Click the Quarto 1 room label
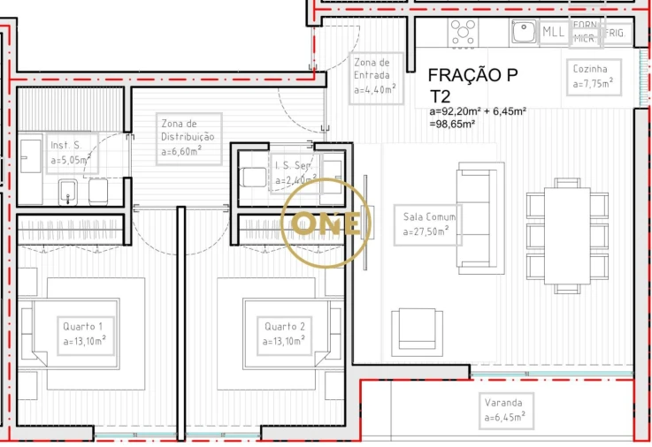click(85, 333)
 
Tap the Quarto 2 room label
click(286, 333)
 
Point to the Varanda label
click(504, 408)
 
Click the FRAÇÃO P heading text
click(472, 76)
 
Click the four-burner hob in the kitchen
click(464, 33)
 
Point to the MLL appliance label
click(554, 33)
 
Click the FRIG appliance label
click(616, 34)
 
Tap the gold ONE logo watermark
click(326, 223)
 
